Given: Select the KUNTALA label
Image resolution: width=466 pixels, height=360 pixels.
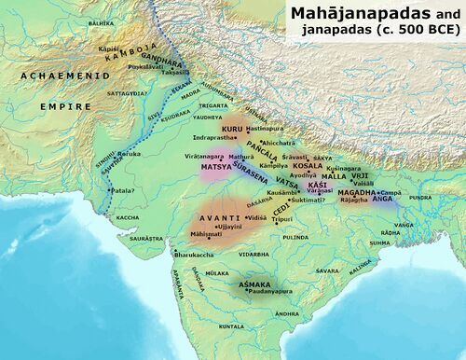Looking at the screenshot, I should pyautogui.click(x=230, y=327).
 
